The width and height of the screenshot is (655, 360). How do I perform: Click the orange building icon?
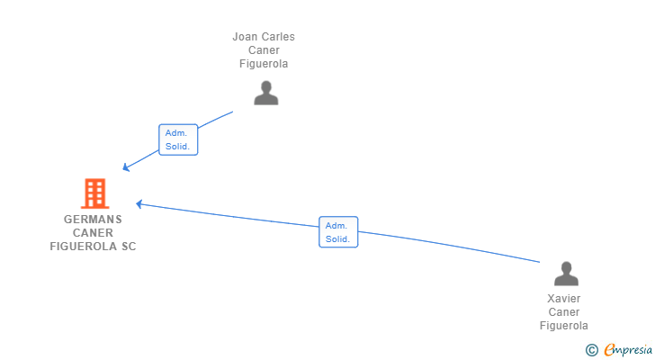94,193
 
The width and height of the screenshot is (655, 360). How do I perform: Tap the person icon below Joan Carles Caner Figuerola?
265,93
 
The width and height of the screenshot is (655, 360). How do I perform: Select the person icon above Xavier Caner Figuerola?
566,274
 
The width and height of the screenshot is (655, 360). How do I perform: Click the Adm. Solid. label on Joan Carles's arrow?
177,139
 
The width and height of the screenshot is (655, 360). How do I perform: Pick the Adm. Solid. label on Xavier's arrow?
338,232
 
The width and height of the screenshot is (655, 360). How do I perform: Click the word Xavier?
564,299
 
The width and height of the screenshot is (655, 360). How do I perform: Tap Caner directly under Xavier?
564,312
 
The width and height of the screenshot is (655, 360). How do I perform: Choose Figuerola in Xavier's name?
564,326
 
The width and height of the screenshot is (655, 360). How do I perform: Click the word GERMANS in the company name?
94,219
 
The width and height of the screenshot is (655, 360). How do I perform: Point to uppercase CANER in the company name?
94,232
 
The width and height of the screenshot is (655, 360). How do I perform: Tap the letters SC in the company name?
129,246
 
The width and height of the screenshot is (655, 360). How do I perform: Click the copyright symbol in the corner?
591,349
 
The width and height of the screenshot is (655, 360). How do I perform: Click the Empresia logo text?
626,349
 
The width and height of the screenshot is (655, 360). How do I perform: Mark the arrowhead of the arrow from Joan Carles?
125,167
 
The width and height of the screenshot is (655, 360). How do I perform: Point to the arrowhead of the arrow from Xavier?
139,203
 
